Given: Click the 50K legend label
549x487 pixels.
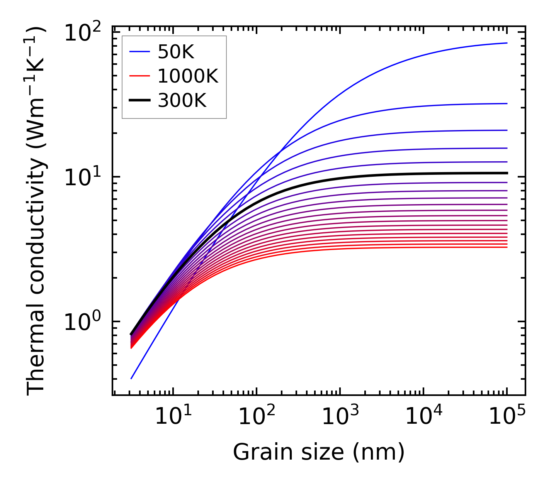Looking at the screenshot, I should coord(176,52).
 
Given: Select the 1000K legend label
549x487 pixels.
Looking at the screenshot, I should coord(188,76).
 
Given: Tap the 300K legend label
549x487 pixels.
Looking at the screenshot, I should coord(182,101).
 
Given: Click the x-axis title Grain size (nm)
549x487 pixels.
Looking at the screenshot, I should coord(319,452).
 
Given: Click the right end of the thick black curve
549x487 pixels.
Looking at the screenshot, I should coord(507,173).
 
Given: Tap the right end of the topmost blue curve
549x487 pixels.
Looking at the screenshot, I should coord(507,43).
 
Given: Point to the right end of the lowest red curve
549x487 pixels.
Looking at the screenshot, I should coord(507,247).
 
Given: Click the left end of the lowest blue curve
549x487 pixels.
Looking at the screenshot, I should coord(131,379).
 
